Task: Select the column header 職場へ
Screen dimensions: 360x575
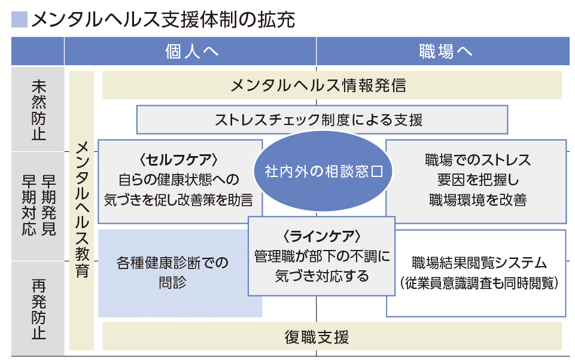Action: [x=446, y=51]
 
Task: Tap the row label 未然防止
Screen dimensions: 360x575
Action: [x=38, y=110]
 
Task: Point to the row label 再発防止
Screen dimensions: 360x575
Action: [x=38, y=310]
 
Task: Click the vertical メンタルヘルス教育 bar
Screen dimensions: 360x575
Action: [x=83, y=209]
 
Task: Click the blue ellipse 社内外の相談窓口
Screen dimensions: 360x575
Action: [x=323, y=172]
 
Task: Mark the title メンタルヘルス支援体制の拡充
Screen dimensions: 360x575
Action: [x=163, y=20]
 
